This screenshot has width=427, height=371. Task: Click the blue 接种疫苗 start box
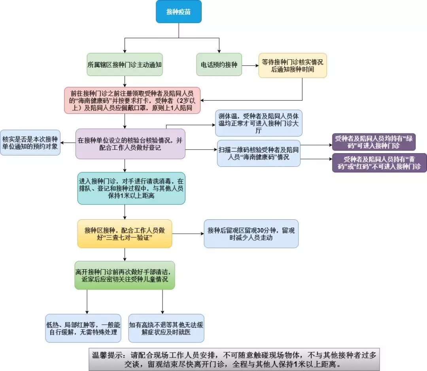tap(179, 12)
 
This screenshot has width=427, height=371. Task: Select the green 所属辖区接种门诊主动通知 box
tap(125, 65)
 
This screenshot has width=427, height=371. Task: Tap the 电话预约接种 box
tap(219, 65)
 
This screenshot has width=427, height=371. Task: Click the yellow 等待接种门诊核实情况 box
tap(293, 65)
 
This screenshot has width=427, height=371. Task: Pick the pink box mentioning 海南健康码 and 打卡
tap(132, 101)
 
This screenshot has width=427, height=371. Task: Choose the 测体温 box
tap(259, 123)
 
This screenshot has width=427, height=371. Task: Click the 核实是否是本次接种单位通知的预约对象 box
tap(30, 143)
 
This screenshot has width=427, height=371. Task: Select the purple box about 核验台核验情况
tap(130, 144)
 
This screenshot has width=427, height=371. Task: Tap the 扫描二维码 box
tap(259, 153)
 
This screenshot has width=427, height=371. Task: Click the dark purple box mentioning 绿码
tap(374, 142)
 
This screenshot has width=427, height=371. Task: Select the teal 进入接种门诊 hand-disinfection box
tap(131, 188)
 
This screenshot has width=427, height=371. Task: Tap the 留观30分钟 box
tap(251, 234)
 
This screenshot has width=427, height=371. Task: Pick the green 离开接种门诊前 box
tap(125, 275)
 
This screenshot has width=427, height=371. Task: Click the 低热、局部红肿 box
tap(83, 328)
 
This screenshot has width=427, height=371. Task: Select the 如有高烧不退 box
tap(166, 328)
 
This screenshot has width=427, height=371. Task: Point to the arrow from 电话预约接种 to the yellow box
tap(250, 65)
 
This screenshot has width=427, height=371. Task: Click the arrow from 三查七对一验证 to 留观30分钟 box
tap(188, 234)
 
